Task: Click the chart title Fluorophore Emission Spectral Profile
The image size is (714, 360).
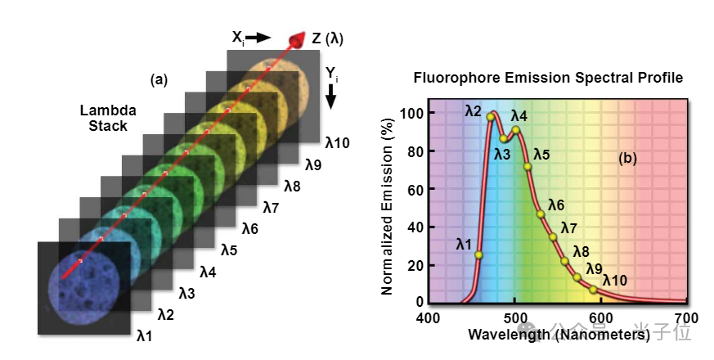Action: (547, 79)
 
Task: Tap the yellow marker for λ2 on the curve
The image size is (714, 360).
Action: (491, 117)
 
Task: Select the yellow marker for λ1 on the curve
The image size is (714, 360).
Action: (478, 254)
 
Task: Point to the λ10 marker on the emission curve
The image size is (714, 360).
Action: (593, 290)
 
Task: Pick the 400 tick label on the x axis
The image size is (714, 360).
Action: (428, 317)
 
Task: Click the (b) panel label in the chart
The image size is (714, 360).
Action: (627, 160)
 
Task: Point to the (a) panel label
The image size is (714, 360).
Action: (159, 79)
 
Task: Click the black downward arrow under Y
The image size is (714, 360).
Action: (331, 97)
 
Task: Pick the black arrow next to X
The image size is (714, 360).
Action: (258, 38)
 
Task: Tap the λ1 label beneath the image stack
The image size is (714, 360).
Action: (145, 335)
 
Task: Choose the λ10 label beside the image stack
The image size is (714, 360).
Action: (337, 143)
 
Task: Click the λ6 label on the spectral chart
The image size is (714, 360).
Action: (556, 205)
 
